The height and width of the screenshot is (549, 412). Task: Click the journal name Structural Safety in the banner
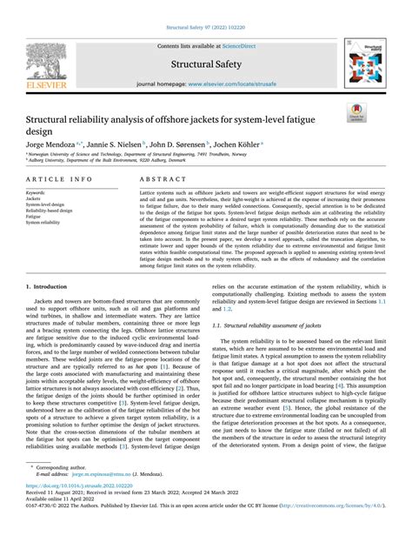pos(205,64)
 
